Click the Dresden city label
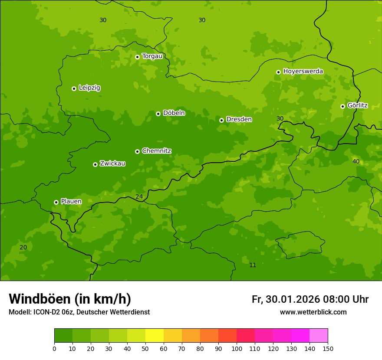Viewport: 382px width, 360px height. click(x=239, y=119)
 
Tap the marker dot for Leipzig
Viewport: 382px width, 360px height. click(x=74, y=88)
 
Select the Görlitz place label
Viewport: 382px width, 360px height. click(x=357, y=105)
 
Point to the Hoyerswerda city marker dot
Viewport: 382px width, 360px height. click(x=278, y=72)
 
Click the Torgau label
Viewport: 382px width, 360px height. click(x=152, y=56)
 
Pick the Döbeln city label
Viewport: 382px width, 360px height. click(x=174, y=113)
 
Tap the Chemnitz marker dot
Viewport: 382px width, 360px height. click(x=137, y=151)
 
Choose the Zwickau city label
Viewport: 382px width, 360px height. click(x=112, y=164)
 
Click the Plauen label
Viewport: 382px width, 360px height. click(x=71, y=201)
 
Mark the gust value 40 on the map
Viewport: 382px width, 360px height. click(x=356, y=161)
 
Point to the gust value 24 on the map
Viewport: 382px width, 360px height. click(x=139, y=196)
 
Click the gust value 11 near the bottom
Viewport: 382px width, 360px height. click(x=253, y=265)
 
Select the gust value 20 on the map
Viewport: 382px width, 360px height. click(x=23, y=247)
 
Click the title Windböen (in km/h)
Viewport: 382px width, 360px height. click(x=70, y=299)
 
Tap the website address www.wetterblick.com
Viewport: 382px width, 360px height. click(x=313, y=312)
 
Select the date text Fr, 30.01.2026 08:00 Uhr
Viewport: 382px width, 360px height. click(x=310, y=299)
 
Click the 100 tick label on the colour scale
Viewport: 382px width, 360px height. click(x=237, y=348)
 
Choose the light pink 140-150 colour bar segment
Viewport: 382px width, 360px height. click(x=319, y=336)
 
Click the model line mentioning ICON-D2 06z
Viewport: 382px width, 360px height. click(x=79, y=312)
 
